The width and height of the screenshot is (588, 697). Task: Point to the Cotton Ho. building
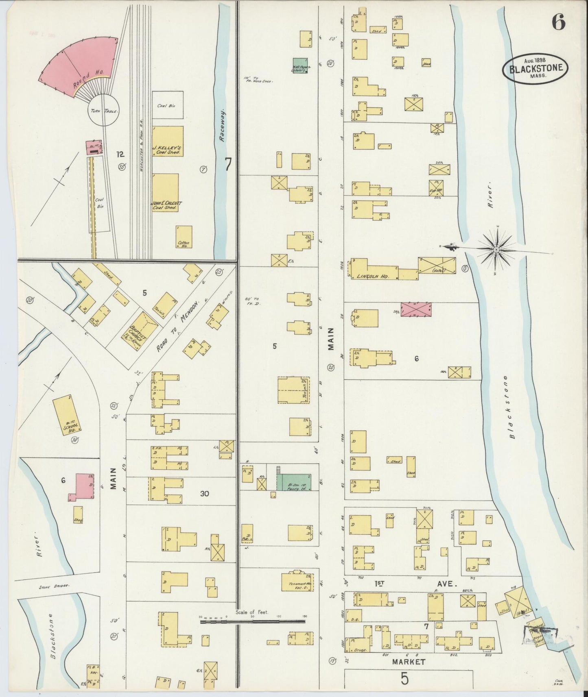tap(184, 237)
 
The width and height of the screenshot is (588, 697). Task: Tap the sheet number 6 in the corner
tap(558, 23)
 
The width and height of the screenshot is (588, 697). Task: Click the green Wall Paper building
tap(300, 65)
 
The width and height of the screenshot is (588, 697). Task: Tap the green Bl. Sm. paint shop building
tap(294, 482)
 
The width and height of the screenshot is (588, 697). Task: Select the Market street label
tap(408, 662)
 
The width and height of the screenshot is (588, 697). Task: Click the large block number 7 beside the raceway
tap(228, 164)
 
